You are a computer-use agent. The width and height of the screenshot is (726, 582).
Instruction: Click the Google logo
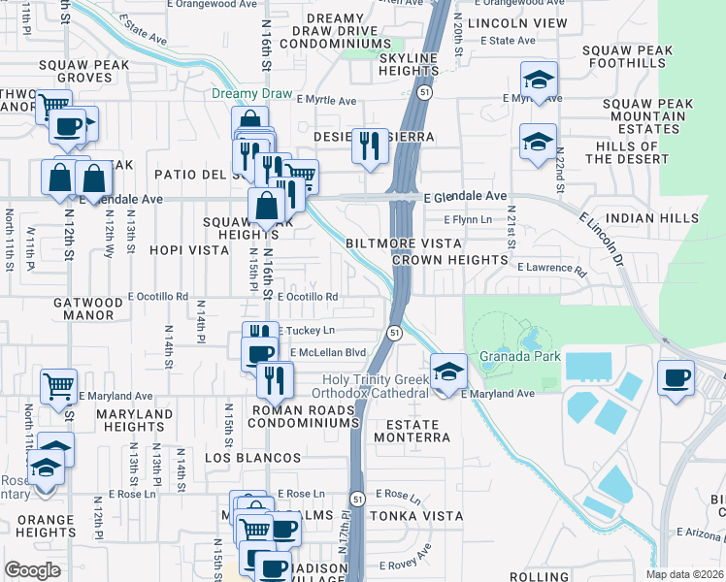click(x=33, y=570)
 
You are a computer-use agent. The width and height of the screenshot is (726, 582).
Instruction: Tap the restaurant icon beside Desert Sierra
click(x=369, y=146)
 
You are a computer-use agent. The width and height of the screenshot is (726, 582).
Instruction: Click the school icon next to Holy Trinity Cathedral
click(x=447, y=372)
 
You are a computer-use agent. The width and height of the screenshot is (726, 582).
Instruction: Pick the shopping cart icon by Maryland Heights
click(x=59, y=386)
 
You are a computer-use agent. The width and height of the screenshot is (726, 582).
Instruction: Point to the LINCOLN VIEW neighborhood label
click(x=516, y=22)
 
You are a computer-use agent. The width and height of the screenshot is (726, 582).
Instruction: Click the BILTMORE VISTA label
click(x=408, y=243)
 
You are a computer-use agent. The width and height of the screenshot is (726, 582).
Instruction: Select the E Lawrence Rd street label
click(x=551, y=269)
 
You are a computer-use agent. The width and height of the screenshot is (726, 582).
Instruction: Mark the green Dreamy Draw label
click(x=251, y=94)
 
